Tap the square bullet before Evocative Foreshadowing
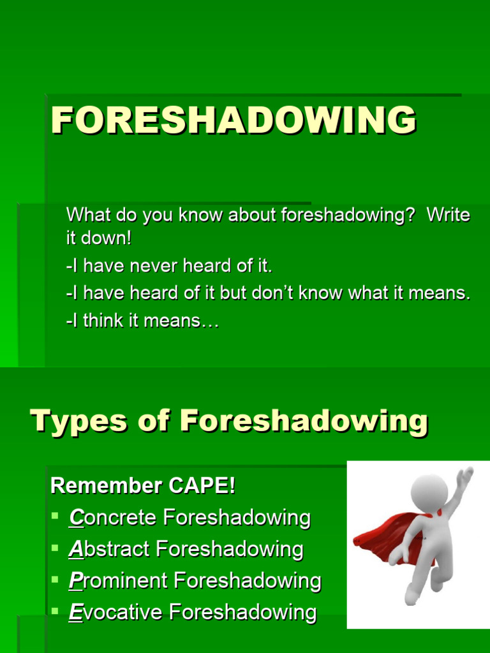(x=56, y=610)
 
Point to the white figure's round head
(x=429, y=493)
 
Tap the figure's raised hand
(x=466, y=474)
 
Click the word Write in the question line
(x=448, y=215)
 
